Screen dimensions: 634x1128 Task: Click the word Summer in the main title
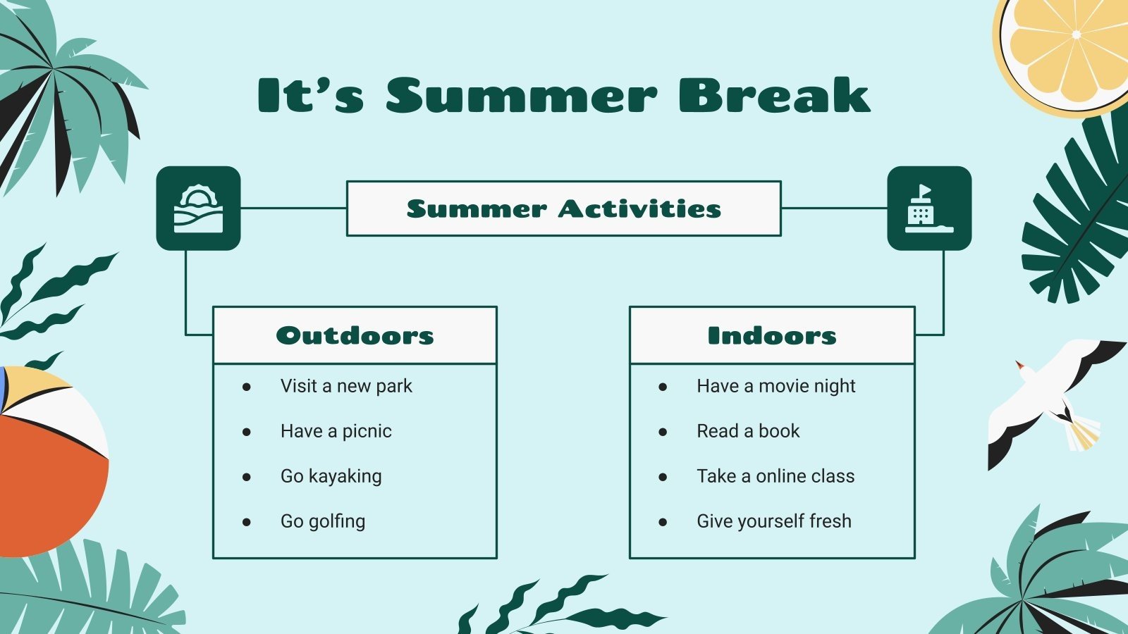[x=521, y=96]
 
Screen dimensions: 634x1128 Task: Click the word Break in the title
[x=774, y=96]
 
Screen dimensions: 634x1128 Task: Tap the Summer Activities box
[x=563, y=209]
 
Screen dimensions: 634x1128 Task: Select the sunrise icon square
[x=198, y=209]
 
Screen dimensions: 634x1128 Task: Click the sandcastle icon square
[x=929, y=209]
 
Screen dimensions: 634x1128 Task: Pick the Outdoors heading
[x=355, y=335]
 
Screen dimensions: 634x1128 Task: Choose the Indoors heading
[x=772, y=335]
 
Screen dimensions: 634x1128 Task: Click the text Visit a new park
[x=346, y=386]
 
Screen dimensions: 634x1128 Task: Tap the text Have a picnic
[x=336, y=431]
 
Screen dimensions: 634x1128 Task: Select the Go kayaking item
[x=331, y=476]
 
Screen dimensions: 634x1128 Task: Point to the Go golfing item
[x=323, y=521]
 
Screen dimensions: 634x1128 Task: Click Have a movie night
[x=775, y=386]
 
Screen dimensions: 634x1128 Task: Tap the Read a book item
[x=748, y=431]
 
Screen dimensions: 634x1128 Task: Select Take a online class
[x=775, y=476]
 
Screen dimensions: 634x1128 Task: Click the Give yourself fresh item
[x=774, y=521]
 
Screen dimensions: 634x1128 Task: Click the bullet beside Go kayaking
[x=247, y=477]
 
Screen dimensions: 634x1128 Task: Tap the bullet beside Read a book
[x=663, y=432]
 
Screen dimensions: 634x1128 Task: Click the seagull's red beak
[x=1019, y=366]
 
